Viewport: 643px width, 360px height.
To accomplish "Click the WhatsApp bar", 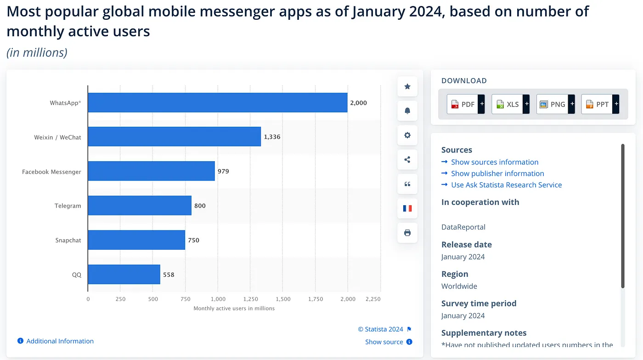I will tap(217, 103).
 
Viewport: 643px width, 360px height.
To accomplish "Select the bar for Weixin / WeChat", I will tap(174, 137).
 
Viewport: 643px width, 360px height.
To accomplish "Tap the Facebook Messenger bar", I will tap(151, 171).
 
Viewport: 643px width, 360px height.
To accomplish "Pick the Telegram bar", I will tap(140, 206).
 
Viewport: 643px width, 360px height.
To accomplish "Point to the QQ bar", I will tap(124, 275).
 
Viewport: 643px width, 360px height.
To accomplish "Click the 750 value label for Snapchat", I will tap(194, 240).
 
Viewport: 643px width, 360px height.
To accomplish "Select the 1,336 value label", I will tap(272, 137).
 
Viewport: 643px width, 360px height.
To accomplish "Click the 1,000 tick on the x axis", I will tap(218, 299).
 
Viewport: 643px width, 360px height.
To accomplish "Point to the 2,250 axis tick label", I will tap(373, 299).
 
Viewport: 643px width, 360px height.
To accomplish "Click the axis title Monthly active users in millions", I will tap(234, 309).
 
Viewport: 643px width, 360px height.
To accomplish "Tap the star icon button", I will tap(407, 86).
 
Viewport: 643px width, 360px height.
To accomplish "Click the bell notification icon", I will tap(407, 111).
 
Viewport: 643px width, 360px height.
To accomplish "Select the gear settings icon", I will tap(407, 135).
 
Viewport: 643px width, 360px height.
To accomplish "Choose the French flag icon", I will tap(407, 208).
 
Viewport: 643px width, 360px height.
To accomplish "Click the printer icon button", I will tap(407, 233).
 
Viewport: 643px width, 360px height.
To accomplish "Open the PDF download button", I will tap(466, 104).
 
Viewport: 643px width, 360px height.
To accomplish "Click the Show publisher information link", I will tap(497, 174).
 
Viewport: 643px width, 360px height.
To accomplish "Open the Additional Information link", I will tap(60, 341).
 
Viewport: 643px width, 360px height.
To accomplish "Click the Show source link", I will tap(384, 342).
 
